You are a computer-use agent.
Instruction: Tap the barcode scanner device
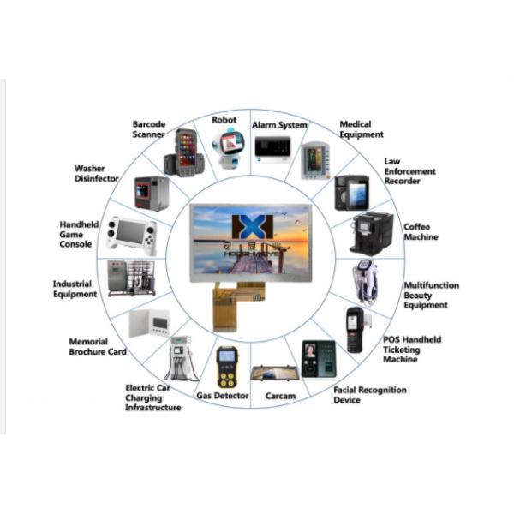[x=185, y=152]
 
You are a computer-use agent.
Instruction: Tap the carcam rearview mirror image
[x=274, y=372]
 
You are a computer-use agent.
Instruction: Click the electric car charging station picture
[x=181, y=358]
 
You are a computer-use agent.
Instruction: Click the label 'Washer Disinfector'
[x=90, y=174]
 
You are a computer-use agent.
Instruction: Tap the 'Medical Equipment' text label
[x=361, y=129]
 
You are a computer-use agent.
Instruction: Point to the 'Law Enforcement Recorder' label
[x=409, y=170]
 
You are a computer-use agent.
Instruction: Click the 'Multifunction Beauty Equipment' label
[x=431, y=295]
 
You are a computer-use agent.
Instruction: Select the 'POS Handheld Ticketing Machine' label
[x=412, y=350]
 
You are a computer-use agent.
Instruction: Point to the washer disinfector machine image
[x=152, y=193]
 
